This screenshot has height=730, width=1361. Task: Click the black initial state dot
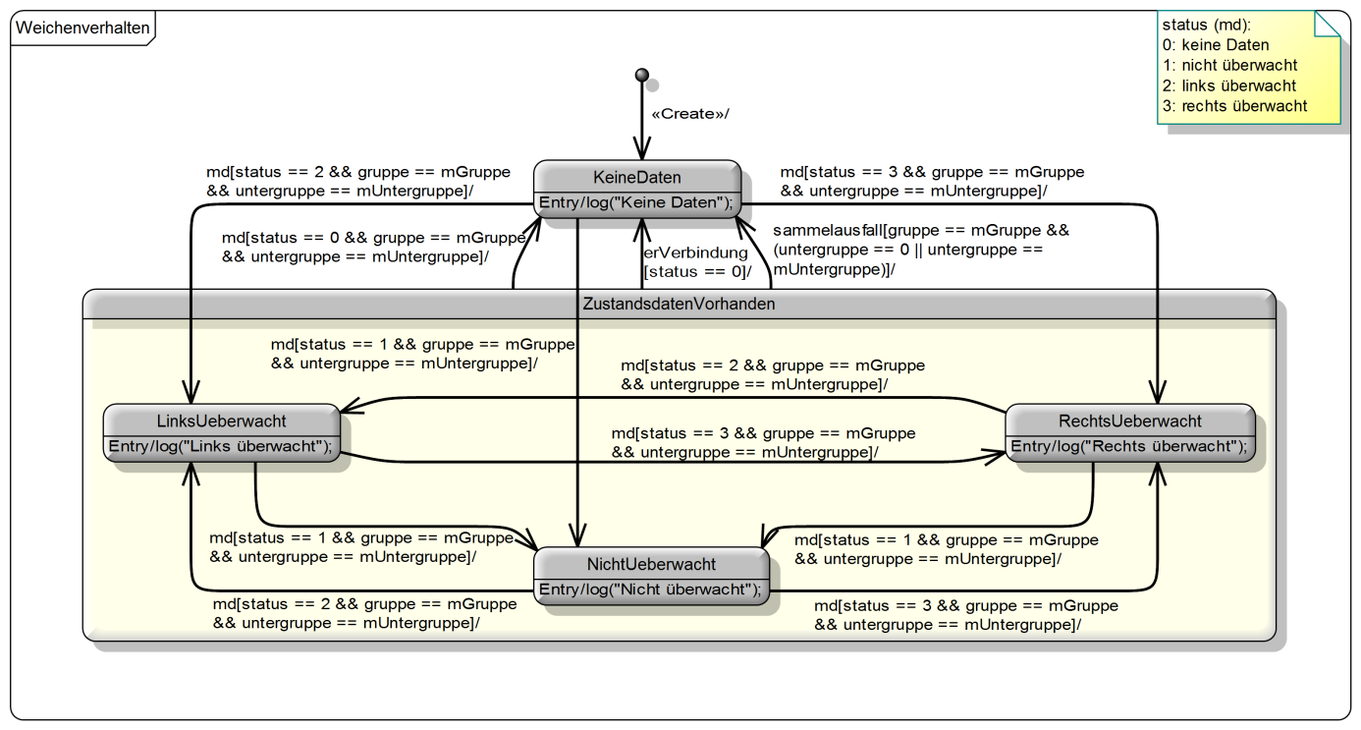[642, 75]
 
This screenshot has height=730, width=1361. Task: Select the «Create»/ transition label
[690, 114]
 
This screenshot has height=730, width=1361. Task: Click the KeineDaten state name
[637, 178]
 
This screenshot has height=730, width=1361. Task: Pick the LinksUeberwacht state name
[222, 421]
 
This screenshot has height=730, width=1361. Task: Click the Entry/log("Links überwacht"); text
[221, 446]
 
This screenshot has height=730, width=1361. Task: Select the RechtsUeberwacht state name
[1130, 421]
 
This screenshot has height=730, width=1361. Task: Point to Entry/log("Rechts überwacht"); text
[1129, 446]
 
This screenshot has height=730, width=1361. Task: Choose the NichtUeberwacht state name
[652, 564]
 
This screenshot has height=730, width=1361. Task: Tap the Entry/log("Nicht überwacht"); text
[650, 590]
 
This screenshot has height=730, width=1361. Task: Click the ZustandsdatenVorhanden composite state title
[680, 304]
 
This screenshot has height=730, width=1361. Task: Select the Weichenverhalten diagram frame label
[83, 28]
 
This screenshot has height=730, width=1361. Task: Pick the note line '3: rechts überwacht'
[1234, 106]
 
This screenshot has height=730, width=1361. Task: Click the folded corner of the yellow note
[1328, 24]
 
